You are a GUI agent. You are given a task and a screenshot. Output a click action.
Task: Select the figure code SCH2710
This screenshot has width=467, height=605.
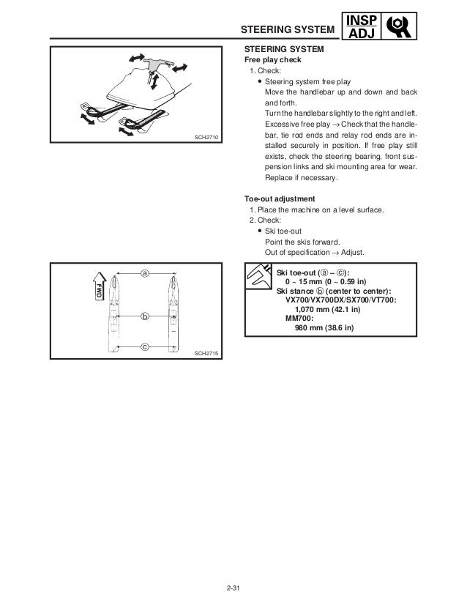coord(208,138)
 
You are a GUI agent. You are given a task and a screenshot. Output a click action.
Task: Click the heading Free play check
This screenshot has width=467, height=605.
coord(272,60)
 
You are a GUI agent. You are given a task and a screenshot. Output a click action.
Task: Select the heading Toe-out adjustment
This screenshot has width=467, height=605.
coord(280,198)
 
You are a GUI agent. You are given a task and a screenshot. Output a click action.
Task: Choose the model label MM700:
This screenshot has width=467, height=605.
coord(299,319)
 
